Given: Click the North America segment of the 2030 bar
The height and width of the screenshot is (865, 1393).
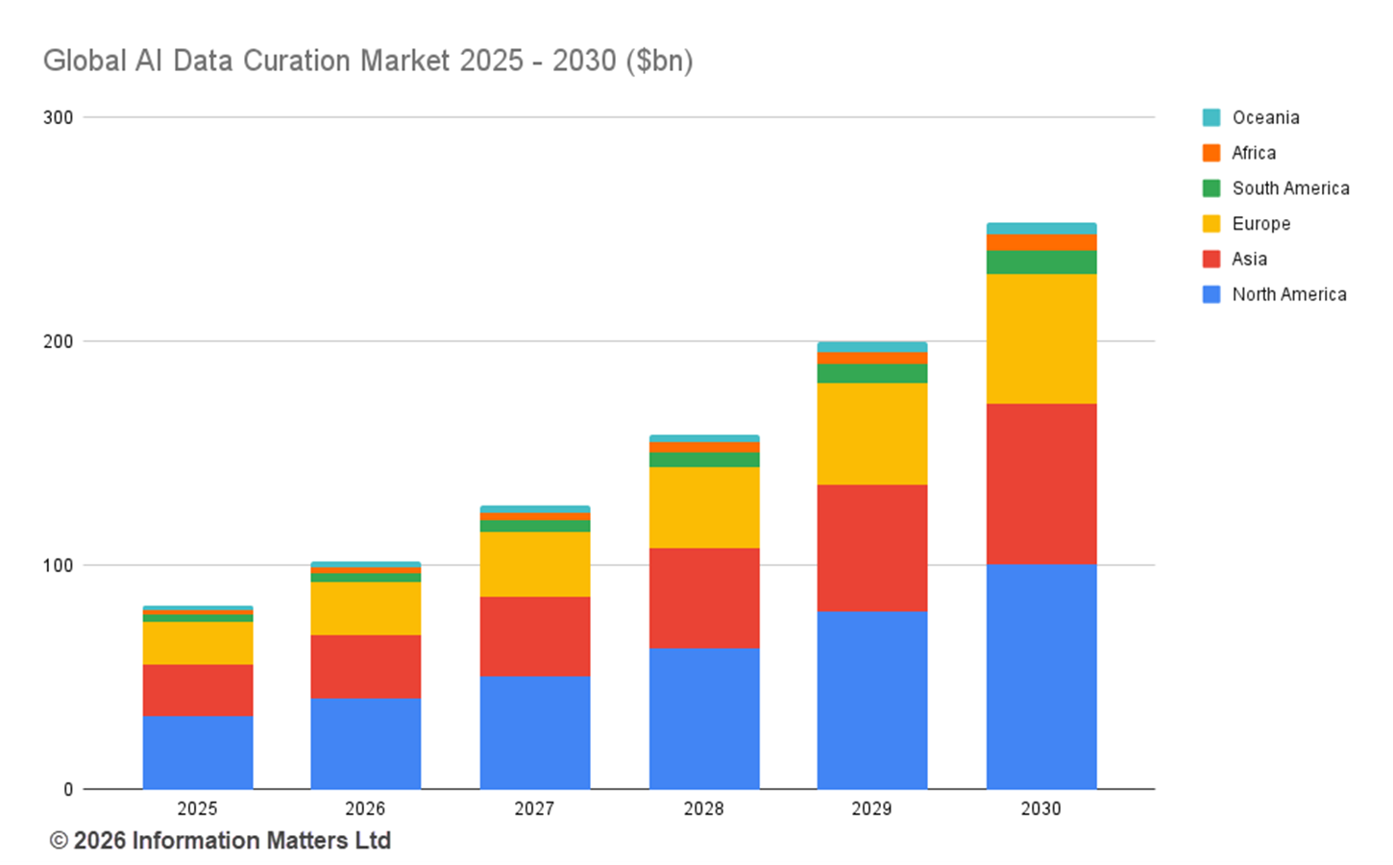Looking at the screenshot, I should coord(1041,676).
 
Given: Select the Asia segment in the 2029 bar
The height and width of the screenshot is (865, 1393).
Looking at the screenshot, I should coord(872,548).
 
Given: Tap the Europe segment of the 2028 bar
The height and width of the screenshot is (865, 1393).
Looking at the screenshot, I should coord(704,507).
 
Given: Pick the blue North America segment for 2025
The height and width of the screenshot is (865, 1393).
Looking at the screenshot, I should coord(198,752).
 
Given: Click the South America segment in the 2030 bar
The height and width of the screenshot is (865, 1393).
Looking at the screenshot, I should coord(1041,262).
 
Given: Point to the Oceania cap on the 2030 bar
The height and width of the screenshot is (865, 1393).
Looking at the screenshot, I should coord(1041,229).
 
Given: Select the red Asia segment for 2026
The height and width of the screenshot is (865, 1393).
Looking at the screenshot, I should coord(366,666).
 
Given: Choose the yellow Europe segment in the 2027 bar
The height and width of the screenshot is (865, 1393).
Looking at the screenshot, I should coord(535,564).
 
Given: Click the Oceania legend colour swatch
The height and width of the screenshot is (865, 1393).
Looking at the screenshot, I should coord(1211,117).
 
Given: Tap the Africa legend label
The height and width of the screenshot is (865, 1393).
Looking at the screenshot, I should coord(1254,153).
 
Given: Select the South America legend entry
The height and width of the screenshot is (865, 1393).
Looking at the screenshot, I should coord(1290,188).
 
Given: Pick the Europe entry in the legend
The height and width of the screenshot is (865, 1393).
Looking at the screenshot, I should coord(1260,224).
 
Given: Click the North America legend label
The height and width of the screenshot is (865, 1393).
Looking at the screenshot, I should coord(1288,294).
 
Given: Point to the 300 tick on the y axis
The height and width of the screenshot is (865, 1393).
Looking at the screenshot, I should coord(59,117).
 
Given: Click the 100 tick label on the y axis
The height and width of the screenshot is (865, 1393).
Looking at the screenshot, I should coord(59,565).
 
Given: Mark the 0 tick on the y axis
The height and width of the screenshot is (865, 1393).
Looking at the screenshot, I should coord(68,789).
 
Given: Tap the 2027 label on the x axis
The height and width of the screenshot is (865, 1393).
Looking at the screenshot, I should coord(534,809).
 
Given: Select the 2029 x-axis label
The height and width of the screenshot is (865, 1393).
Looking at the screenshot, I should coord(871,809).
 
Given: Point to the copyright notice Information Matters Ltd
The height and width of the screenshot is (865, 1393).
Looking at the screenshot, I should coord(220,841).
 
